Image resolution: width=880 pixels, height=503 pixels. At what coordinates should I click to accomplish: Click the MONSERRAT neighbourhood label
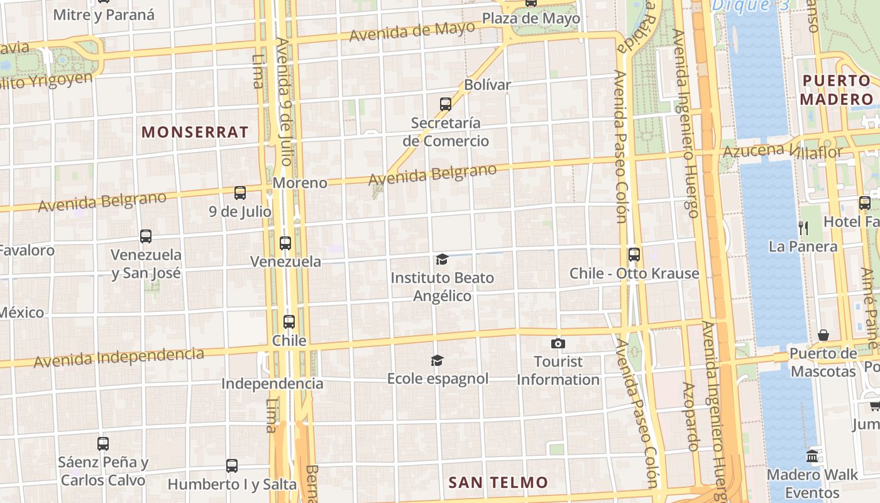pos(195,132)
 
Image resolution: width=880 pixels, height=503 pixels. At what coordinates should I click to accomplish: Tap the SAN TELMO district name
pos(498,483)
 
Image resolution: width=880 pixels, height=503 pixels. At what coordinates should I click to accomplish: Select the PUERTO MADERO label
pos(837,90)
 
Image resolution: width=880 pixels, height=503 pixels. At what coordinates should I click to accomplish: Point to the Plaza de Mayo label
pos(531,19)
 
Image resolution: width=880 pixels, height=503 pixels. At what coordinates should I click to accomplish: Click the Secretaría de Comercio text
pos(446,131)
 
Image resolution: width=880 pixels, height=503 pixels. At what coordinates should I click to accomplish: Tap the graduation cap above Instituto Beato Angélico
pos(442,260)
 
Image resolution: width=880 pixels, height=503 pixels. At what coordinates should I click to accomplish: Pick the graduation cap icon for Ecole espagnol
pos(437,360)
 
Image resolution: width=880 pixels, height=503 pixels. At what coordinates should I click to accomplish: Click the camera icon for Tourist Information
pos(558,343)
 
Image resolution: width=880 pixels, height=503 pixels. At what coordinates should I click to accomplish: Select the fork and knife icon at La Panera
pos(803,228)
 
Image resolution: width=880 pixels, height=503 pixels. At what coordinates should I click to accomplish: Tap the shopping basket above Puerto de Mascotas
pos(823,335)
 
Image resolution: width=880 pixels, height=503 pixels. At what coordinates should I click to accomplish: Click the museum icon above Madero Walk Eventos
pos(812,456)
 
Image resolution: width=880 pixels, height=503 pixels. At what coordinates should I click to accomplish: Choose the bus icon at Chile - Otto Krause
pos(634,255)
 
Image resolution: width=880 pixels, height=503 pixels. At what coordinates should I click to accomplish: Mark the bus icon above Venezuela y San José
pos(146,236)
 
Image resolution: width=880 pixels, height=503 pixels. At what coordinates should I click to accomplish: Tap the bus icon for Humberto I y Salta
pos(232,466)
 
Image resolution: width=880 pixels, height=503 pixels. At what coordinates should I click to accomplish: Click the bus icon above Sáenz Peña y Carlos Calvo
pos(103,444)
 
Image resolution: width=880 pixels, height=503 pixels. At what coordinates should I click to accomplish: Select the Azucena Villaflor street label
pos(783,151)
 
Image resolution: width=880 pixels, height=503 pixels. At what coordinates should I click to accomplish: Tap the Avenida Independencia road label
pos(119,357)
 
